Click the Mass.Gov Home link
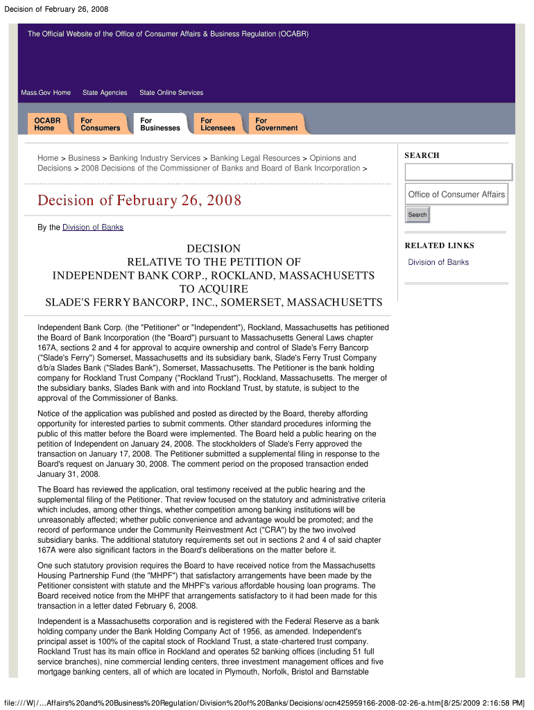46,93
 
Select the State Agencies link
105,93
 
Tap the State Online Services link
171,93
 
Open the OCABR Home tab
47,124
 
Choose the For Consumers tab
100,124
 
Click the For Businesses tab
160,124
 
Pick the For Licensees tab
218,124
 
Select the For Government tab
276,124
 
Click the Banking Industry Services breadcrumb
155,158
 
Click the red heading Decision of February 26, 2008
139,201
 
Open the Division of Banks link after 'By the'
93,227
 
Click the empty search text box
458,172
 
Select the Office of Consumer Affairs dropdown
456,194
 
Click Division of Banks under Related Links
438,262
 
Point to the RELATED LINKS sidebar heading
440,245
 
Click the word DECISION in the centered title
214,248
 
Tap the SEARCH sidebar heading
422,155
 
